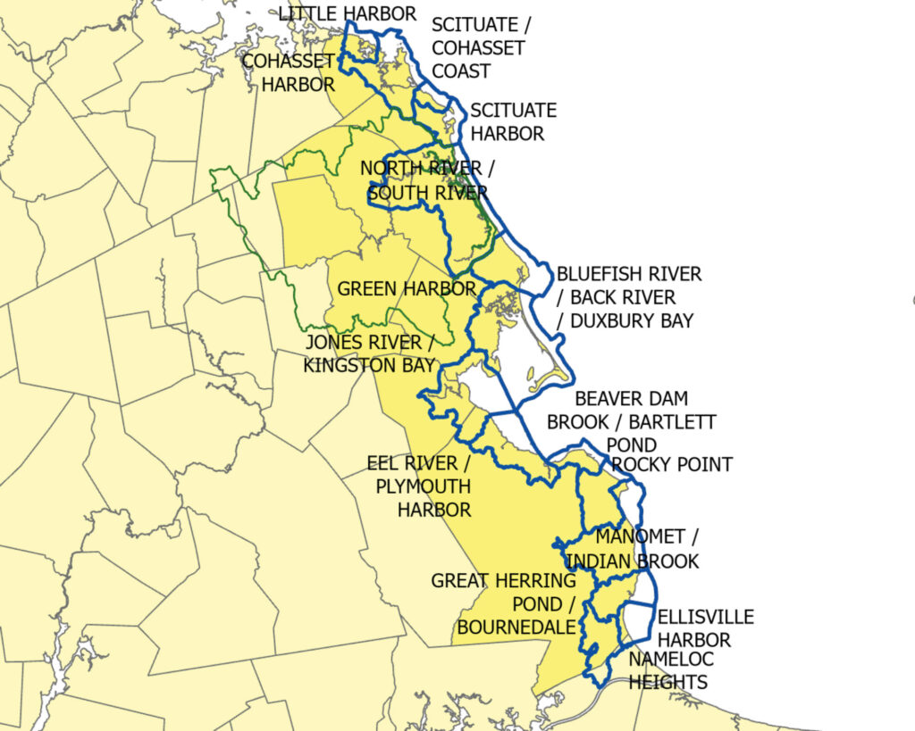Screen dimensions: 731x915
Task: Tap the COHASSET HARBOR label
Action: coord(288,73)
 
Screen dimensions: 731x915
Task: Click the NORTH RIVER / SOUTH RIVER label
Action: coord(424,180)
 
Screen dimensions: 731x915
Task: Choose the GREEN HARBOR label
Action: coord(407,289)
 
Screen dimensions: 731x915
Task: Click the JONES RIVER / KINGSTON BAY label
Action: coord(370,353)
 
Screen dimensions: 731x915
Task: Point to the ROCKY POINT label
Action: coord(671,464)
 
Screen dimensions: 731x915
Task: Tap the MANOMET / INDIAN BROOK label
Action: coord(646,549)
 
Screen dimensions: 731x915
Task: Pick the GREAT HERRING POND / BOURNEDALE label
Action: coord(503,604)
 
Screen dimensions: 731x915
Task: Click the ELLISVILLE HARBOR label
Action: coord(705,628)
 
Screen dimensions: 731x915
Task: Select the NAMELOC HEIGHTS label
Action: coord(667,670)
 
